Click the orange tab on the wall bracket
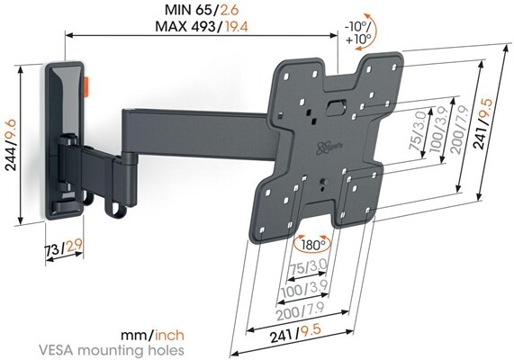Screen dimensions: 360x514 point(88,87)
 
